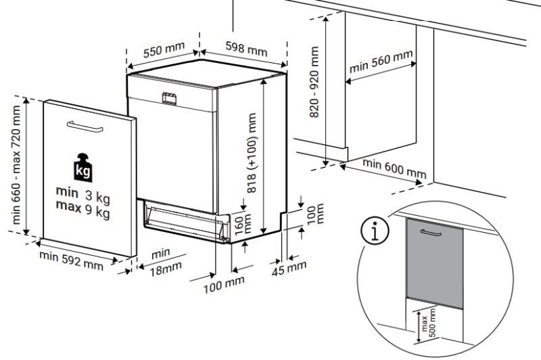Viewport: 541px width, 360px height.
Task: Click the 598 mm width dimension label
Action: point(246,49)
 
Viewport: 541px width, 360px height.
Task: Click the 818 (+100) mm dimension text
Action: point(252,154)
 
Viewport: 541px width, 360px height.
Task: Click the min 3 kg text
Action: point(83,196)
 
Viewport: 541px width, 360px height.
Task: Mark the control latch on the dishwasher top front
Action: point(170,97)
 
